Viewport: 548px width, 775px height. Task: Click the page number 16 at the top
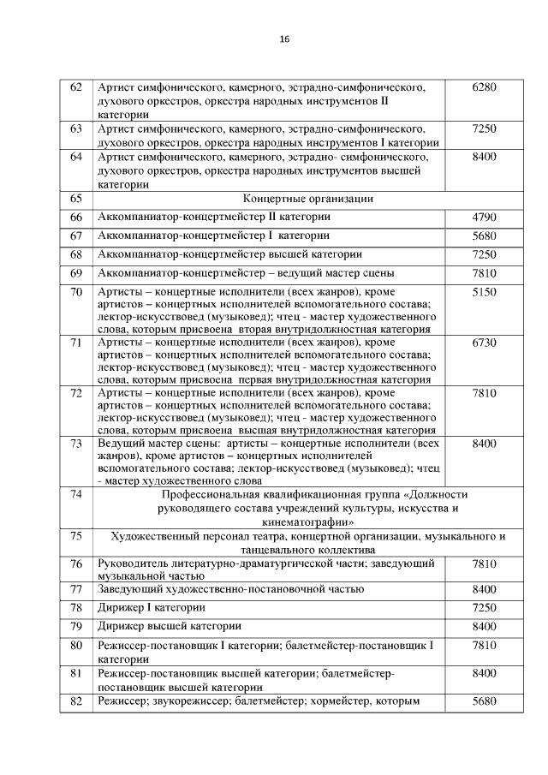pos(284,40)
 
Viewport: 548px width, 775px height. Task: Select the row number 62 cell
pos(75,87)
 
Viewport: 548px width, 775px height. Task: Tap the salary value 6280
pos(484,87)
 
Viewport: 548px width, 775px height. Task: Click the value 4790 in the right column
pos(484,218)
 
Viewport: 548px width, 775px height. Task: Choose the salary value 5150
pos(484,292)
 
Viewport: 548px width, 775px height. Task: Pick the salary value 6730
pos(484,343)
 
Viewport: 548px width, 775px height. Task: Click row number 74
pos(75,494)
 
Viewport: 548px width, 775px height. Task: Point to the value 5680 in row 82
pos(484,701)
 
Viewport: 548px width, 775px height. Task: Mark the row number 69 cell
pos(75,273)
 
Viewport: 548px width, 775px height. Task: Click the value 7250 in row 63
pos(484,128)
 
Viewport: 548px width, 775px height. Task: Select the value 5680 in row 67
pos(484,235)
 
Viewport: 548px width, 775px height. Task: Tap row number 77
pos(75,589)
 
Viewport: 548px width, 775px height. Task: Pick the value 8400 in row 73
pos(484,444)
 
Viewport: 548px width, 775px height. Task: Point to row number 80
pos(75,645)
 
